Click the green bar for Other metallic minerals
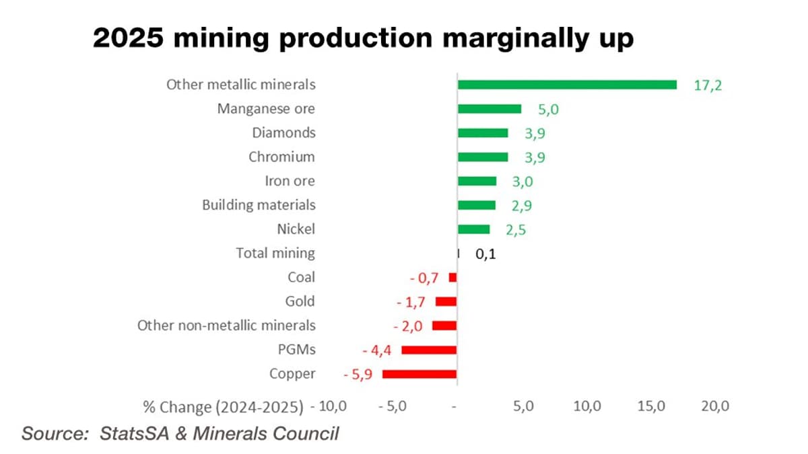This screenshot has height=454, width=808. pos(567,85)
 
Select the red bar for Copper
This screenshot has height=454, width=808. pos(419,374)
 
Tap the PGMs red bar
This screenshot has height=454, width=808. pos(429,350)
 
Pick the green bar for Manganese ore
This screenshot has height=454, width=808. pos(490,109)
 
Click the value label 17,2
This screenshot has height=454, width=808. pos(708,85)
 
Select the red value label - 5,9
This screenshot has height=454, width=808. pos(362,374)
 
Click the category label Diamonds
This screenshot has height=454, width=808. pos(283,133)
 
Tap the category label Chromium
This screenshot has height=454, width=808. pos(281,157)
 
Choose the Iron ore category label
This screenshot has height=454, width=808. pos(290,181)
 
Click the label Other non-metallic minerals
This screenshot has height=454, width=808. pos(226,326)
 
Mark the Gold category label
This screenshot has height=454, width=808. pos(300,301)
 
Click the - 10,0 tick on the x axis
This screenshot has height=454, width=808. pos(329,407)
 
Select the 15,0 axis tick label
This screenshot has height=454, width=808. pos(650,407)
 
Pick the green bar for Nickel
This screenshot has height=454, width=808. pos(474,229)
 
